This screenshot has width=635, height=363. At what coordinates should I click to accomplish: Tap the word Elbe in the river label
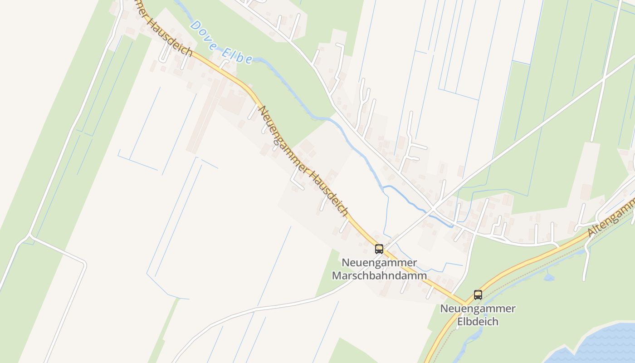[237, 54]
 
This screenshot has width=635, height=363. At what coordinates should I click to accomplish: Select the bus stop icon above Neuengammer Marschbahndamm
[379, 249]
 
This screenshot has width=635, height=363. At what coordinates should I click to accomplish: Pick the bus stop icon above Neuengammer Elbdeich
[478, 294]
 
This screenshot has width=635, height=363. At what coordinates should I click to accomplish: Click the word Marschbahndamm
[379, 275]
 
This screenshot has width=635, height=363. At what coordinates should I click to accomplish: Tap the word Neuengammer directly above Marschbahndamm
[379, 263]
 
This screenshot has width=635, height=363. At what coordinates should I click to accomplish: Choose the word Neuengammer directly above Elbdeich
[478, 309]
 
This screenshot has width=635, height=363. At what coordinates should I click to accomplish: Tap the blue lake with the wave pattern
[599, 345]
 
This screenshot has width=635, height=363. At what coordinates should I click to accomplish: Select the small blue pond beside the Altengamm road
[548, 277]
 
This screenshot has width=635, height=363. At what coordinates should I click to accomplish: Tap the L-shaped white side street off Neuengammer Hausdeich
[296, 181]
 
